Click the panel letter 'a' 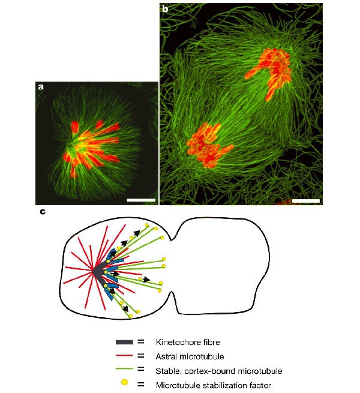tap(41, 87)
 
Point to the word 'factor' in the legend tap(256, 385)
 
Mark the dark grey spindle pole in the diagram tap(98, 272)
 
